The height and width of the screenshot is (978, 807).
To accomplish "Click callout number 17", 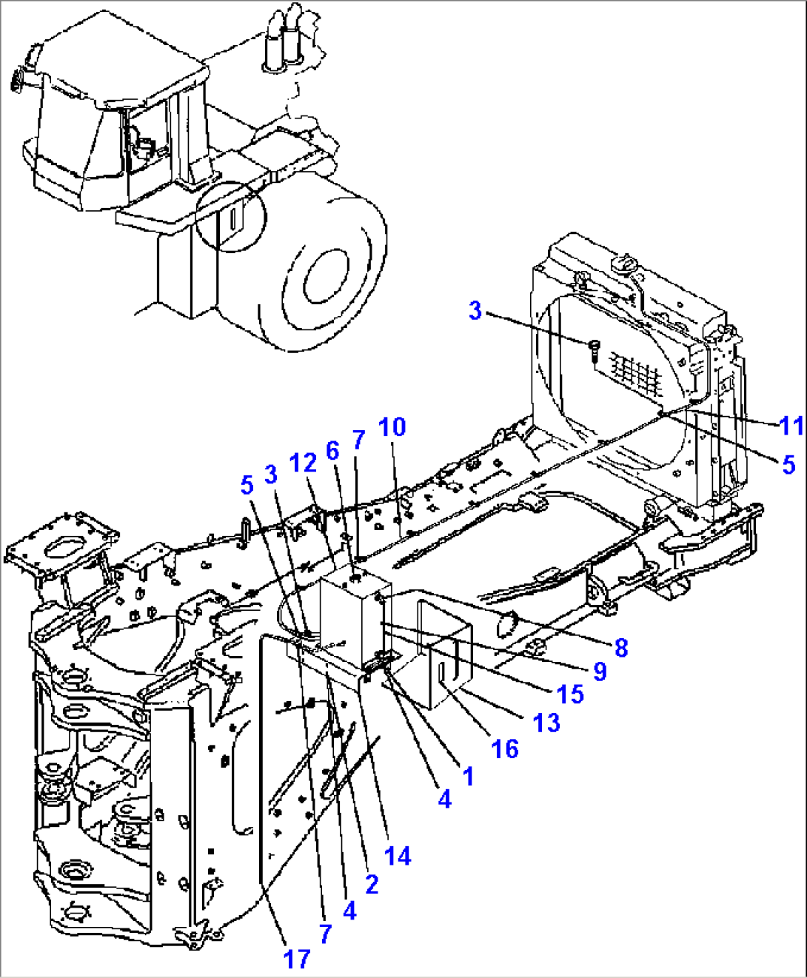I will [296, 959].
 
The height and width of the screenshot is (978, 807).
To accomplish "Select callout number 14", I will [398, 856].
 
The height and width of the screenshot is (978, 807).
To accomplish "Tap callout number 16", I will [505, 748].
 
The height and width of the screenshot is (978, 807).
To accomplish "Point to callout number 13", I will [546, 722].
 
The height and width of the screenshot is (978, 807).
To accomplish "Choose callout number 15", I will [570, 694].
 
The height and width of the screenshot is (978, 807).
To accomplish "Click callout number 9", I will [600, 671].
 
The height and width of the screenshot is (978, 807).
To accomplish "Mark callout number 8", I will [620, 647].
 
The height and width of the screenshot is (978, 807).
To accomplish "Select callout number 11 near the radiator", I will [791, 426].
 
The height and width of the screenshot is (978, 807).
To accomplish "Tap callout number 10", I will [392, 427].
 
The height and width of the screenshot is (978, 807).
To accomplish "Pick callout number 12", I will [304, 463].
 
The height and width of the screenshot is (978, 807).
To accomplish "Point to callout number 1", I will [467, 775].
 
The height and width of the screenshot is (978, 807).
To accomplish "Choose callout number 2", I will [372, 883].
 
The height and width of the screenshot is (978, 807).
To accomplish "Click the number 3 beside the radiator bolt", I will [475, 310].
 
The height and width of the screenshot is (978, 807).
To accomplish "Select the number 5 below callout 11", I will [788, 464].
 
